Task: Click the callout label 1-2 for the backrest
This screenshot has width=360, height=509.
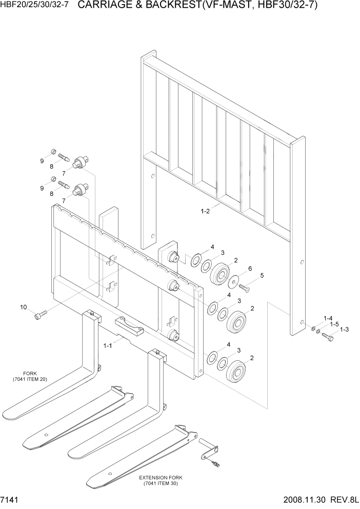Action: pos(205,210)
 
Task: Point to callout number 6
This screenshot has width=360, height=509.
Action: pos(249,268)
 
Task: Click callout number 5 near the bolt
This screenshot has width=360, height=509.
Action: pos(262,276)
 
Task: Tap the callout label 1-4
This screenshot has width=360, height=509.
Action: pos(328,318)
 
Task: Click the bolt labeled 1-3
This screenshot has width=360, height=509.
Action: pos(328,337)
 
